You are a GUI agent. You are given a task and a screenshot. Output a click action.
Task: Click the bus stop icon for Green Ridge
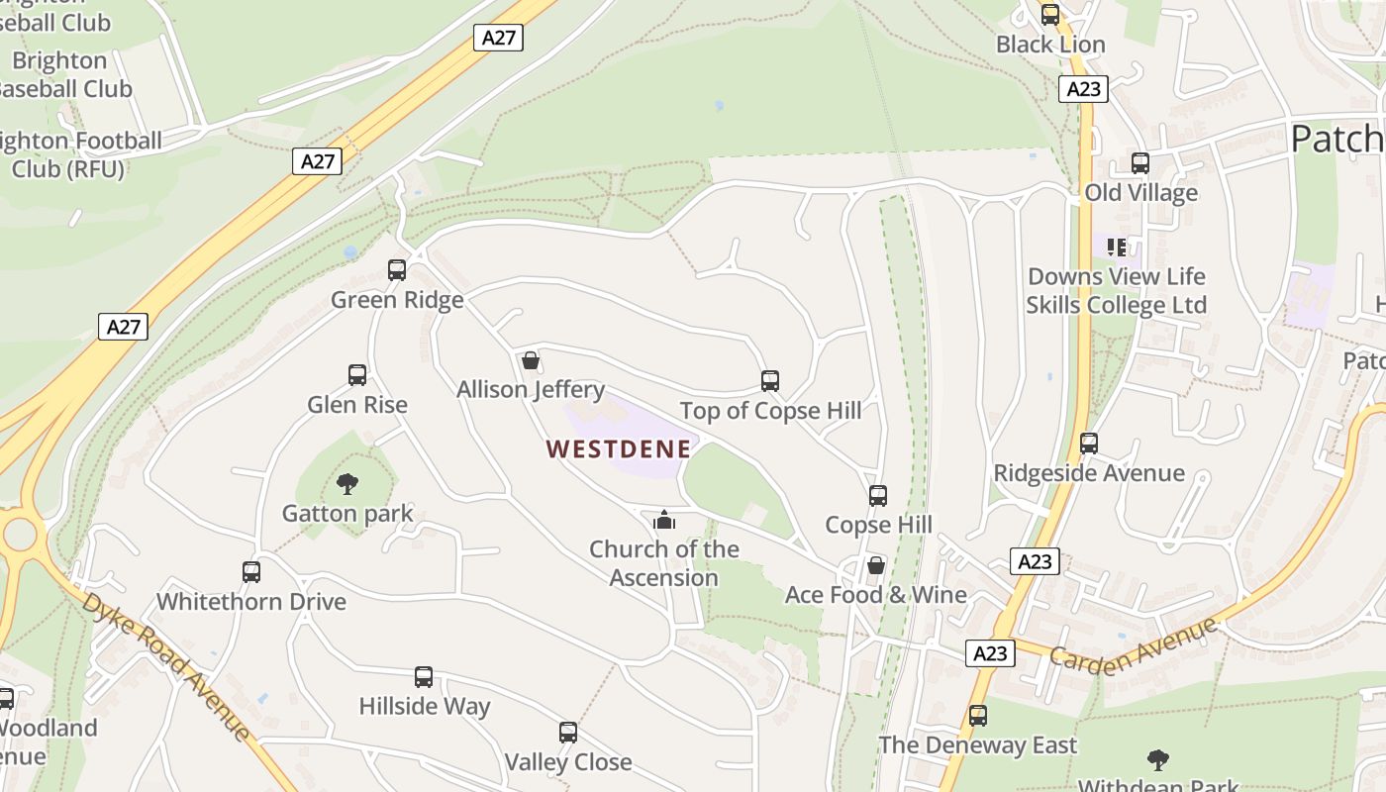(x=397, y=269)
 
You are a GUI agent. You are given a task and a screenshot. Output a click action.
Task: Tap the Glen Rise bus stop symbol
(x=357, y=375)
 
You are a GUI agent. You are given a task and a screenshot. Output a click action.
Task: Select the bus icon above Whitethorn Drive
(x=251, y=571)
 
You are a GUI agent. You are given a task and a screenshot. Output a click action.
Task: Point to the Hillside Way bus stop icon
(x=424, y=677)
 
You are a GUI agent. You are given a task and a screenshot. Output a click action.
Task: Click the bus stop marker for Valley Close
(x=568, y=733)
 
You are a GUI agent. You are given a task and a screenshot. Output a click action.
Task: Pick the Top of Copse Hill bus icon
(x=770, y=381)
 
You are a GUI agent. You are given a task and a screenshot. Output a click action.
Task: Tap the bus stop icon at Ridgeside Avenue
(x=1089, y=444)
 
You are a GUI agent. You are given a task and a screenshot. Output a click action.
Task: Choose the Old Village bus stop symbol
(x=1140, y=163)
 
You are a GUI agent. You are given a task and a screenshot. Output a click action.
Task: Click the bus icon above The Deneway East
(x=978, y=715)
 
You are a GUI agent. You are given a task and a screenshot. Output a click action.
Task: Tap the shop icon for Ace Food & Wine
(x=876, y=565)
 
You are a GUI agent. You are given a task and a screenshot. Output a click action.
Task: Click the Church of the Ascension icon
(x=664, y=520)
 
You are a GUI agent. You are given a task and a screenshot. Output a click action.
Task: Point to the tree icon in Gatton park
(x=346, y=484)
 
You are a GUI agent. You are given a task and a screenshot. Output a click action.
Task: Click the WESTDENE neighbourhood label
(x=618, y=448)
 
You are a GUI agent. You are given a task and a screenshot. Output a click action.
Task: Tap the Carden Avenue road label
(x=1133, y=643)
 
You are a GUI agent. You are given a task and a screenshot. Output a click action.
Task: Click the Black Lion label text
(x=1050, y=45)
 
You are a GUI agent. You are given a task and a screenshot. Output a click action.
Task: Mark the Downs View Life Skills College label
(x=1116, y=290)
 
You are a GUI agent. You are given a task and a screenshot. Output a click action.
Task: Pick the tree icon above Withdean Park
(x=1157, y=760)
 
